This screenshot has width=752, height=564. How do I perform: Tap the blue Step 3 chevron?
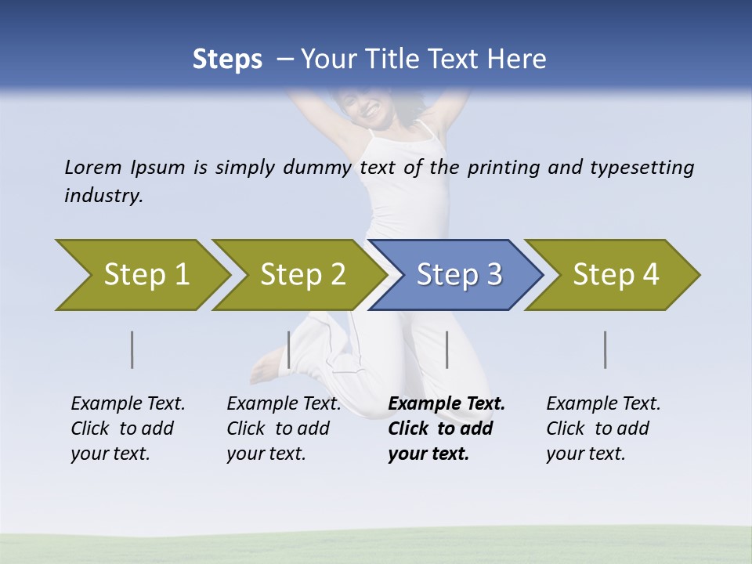pos(459,275)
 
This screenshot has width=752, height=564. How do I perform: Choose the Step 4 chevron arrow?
pos(616,275)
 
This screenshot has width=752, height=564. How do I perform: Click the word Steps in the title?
pos(227,60)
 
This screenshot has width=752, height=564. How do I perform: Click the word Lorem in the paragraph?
pos(92,168)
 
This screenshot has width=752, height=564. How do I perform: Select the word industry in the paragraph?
pos(103,196)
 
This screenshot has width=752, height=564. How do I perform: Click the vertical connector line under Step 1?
pos(132,349)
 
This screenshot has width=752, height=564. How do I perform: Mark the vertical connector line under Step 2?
pos(289,349)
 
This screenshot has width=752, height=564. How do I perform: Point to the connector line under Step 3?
pos(446,349)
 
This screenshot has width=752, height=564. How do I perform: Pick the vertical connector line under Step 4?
pos(605,349)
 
